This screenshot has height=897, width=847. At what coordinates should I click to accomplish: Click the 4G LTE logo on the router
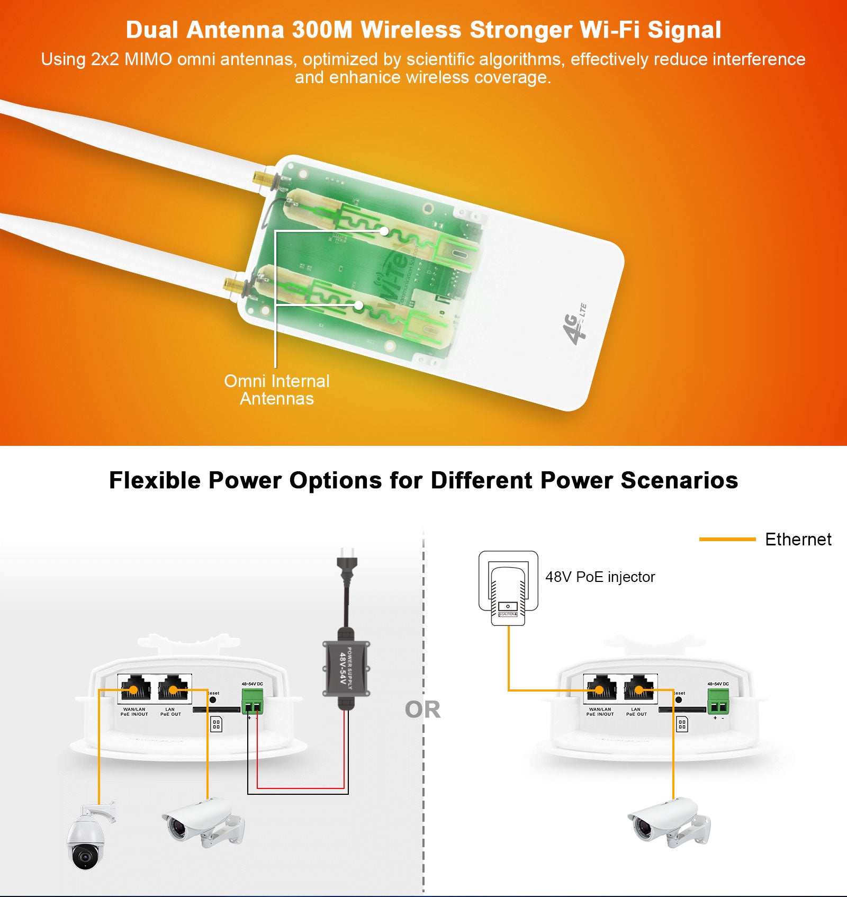pyautogui.click(x=574, y=323)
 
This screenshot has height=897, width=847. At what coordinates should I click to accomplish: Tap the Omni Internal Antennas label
pyautogui.click(x=276, y=390)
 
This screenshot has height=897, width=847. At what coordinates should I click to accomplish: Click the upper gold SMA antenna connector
pyautogui.click(x=263, y=179)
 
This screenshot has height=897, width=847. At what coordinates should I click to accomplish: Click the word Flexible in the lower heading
pyautogui.click(x=155, y=480)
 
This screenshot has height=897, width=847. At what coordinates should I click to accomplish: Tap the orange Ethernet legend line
pyautogui.click(x=727, y=539)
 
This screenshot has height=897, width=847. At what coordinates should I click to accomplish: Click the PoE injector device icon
pyautogui.click(x=508, y=588)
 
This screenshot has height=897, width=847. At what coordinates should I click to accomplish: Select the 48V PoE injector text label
pyautogui.click(x=600, y=577)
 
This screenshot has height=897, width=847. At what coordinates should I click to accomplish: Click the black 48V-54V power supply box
pyautogui.click(x=346, y=668)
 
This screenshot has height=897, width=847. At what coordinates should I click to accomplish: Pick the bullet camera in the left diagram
pyautogui.click(x=201, y=824)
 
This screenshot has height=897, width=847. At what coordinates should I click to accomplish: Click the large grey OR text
pyautogui.click(x=422, y=710)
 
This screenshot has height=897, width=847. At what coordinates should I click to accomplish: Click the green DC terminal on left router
pyautogui.click(x=253, y=702)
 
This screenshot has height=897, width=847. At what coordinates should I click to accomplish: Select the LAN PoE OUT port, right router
pyautogui.click(x=639, y=689)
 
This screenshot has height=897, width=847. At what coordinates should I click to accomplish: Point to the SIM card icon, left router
pyautogui.click(x=216, y=724)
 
